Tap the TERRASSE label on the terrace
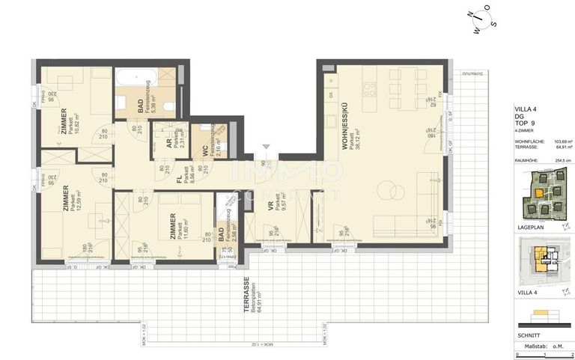225,293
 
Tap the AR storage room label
170,142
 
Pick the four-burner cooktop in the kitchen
369,89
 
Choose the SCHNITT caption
528,335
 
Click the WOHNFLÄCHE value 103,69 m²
562,141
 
